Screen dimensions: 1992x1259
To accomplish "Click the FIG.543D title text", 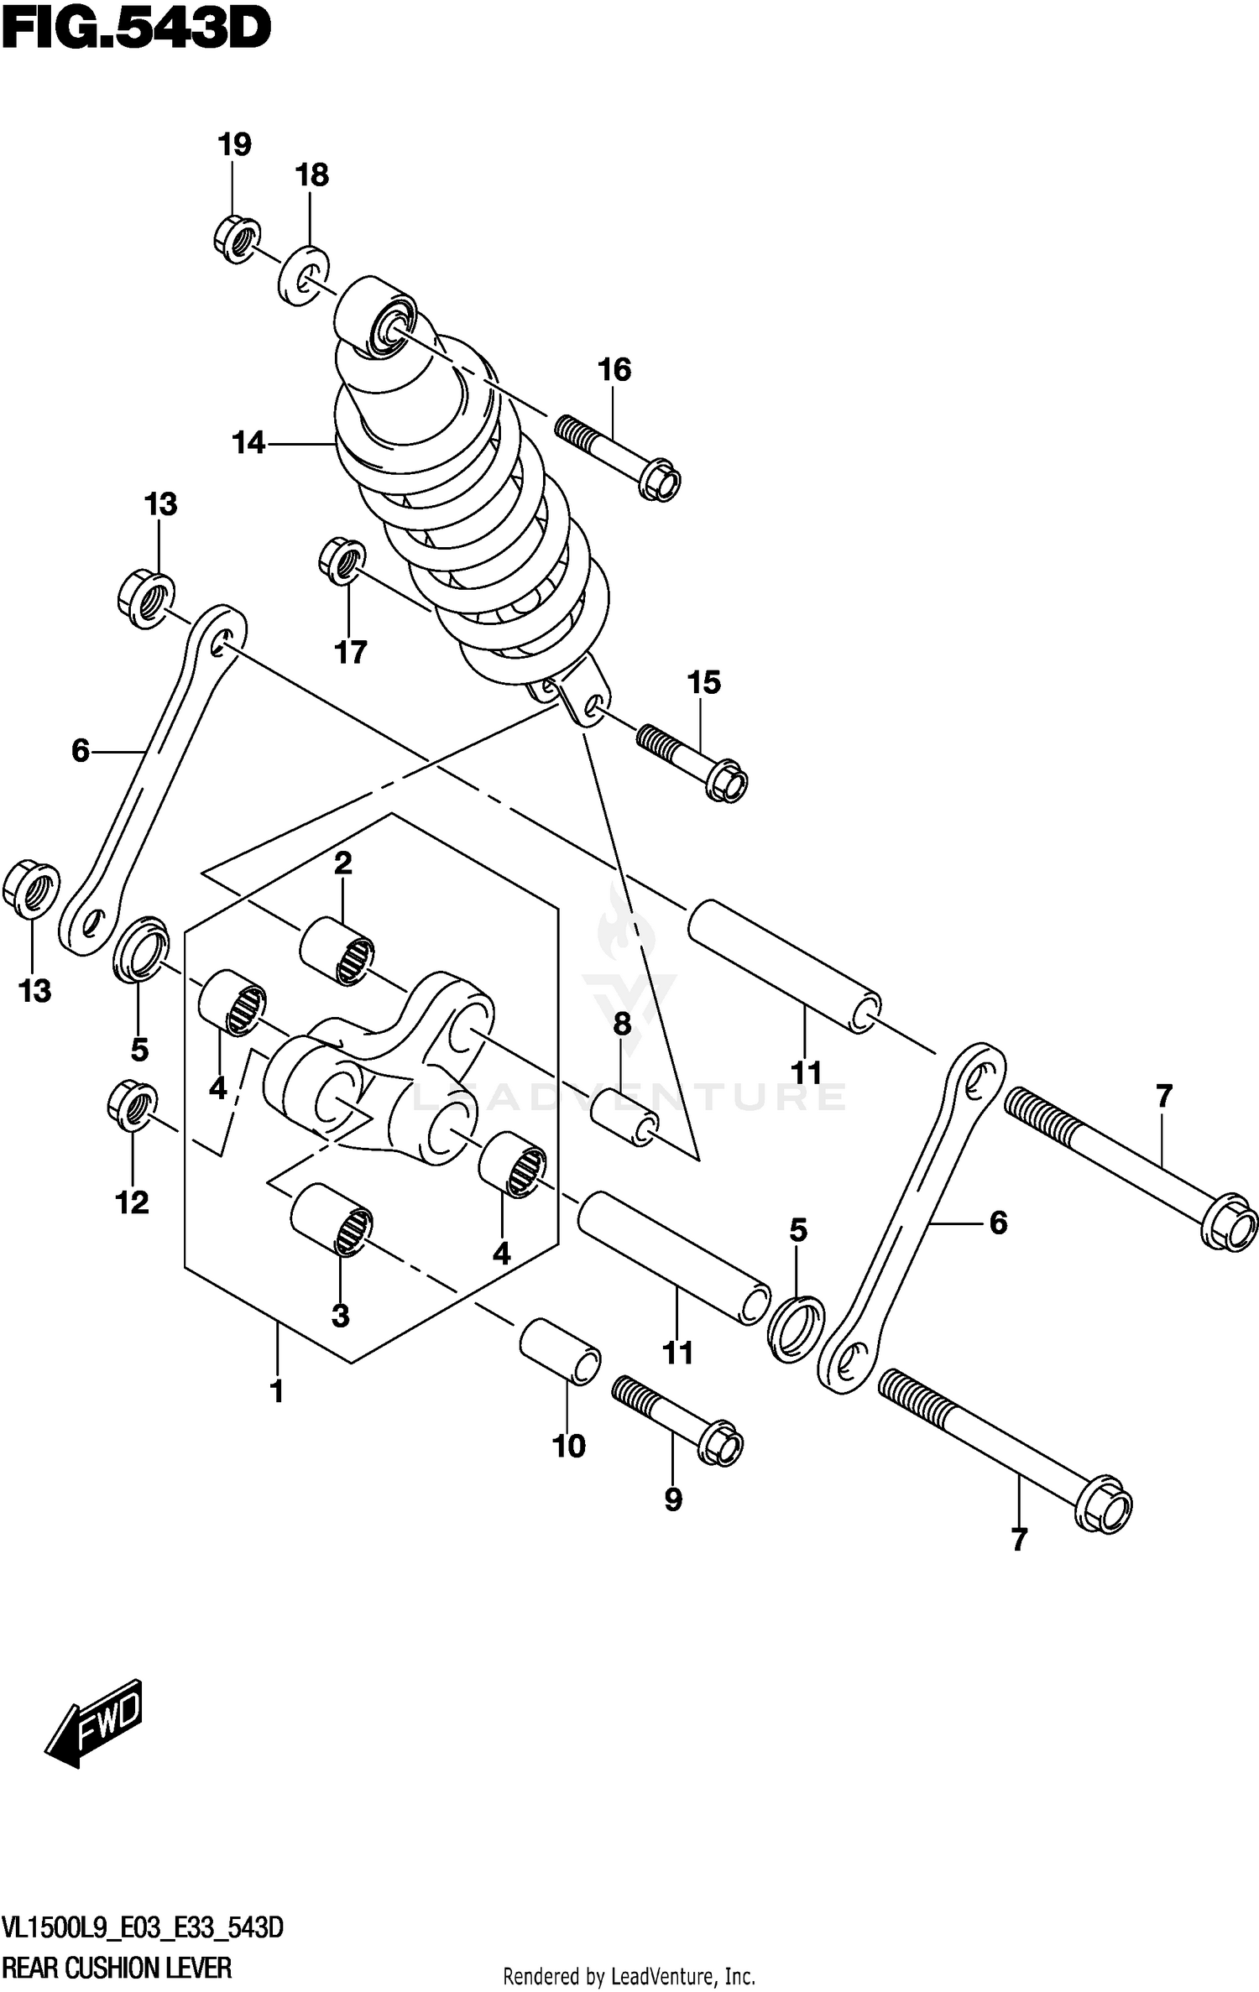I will tap(136, 29).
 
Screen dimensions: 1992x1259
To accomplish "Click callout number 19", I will tap(234, 145).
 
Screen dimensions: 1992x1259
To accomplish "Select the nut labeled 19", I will tap(236, 239).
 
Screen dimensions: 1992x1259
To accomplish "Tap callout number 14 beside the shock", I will tap(248, 442).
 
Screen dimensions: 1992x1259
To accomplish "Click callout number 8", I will tap(621, 1025).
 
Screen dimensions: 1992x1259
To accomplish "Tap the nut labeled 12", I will tap(133, 1107).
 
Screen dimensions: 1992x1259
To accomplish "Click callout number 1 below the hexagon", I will tap(276, 1392).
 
